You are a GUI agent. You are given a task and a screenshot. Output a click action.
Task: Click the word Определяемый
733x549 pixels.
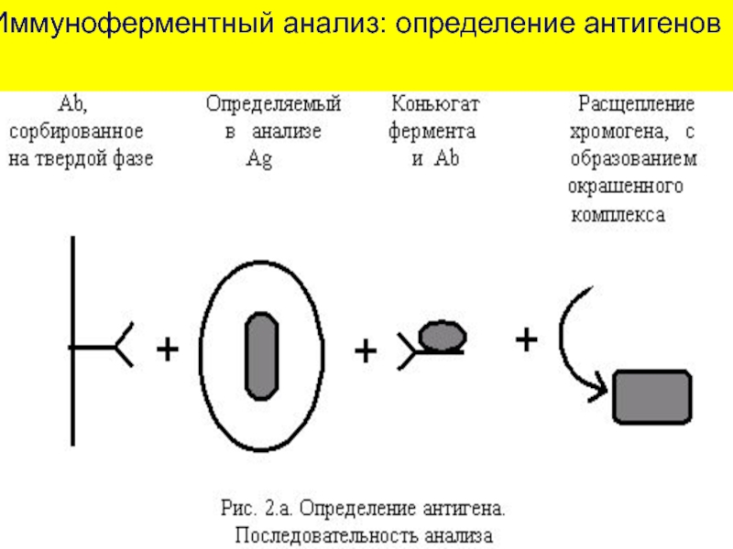coord(273,103)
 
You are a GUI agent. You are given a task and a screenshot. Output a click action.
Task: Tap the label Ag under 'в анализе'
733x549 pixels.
coord(259,158)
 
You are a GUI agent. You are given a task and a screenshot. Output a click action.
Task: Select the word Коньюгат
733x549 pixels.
coord(434,103)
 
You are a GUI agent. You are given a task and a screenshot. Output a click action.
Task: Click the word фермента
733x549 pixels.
coord(432,131)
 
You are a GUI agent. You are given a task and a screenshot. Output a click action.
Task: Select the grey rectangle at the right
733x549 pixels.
coord(651,391)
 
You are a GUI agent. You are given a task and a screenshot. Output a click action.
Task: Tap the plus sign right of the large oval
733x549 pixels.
coord(365,350)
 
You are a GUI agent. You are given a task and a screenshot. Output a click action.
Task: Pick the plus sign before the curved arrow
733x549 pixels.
coord(525,340)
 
